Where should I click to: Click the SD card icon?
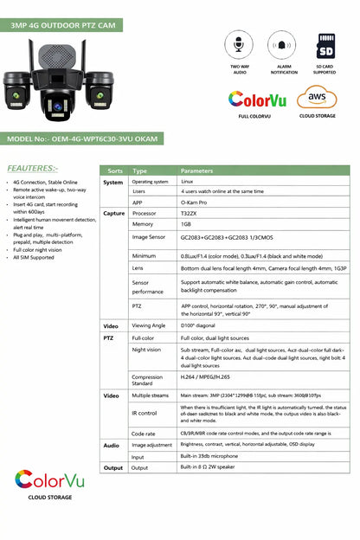click(x=325, y=44)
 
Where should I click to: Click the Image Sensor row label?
click(x=150, y=236)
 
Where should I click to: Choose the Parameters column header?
click(x=196, y=170)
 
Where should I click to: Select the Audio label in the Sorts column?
click(x=112, y=445)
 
